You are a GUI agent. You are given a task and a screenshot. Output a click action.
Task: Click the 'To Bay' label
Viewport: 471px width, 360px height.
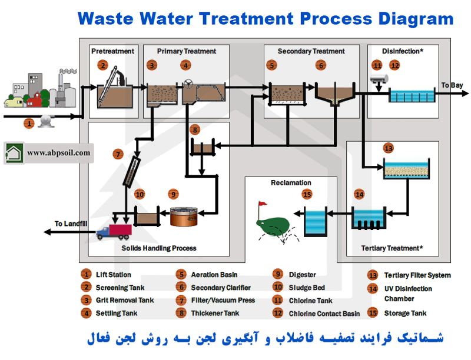pyautogui.click(x=452, y=85)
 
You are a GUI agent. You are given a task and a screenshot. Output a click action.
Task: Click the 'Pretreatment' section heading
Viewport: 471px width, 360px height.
pyautogui.click(x=113, y=51)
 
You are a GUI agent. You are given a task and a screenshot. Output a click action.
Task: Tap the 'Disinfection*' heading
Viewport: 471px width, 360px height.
pyautogui.click(x=403, y=51)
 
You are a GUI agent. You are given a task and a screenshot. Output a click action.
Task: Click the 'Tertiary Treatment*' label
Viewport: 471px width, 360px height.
pyautogui.click(x=392, y=248)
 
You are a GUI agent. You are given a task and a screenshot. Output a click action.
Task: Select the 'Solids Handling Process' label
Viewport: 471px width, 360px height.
pyautogui.click(x=159, y=248)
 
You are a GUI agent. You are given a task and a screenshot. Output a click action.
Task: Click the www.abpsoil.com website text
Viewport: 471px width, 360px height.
pyautogui.click(x=59, y=153)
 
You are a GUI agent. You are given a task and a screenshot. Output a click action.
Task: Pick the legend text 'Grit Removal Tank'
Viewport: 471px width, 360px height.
pyautogui.click(x=125, y=301)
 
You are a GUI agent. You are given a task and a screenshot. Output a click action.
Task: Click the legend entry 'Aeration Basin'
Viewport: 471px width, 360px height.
pyautogui.click(x=214, y=275)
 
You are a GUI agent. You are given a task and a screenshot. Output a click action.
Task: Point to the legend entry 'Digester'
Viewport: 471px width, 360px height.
pyautogui.click(x=302, y=275)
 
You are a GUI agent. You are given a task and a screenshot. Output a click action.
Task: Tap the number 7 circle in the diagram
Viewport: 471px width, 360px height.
pyautogui.click(x=118, y=155)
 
